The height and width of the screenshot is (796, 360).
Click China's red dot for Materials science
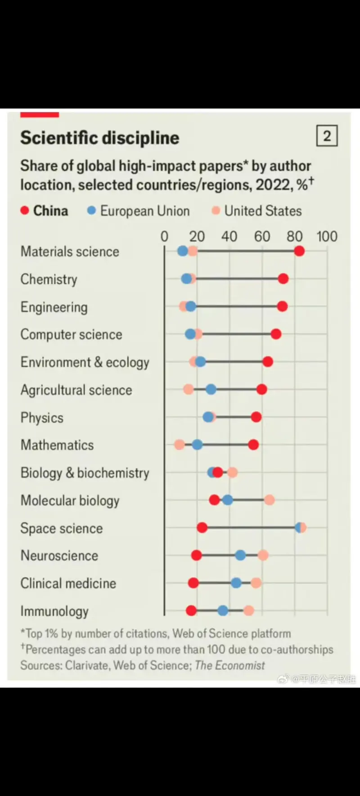coord(299,251)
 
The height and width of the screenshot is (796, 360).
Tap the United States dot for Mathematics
coord(180,445)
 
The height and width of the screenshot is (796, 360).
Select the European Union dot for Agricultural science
coord(211,390)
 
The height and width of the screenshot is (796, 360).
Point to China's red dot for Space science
coord(202,528)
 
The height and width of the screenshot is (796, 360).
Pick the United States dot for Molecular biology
coord(269,500)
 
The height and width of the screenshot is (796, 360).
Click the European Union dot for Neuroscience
coord(240,555)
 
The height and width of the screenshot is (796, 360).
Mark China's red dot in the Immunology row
coord(191,611)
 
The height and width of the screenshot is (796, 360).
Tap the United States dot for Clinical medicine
coord(256,583)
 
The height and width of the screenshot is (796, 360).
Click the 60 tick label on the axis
coord(262,236)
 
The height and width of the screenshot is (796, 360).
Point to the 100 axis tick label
coord(327,236)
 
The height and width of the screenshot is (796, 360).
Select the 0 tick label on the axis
coord(165,236)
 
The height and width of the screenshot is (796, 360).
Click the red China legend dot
coord(25,211)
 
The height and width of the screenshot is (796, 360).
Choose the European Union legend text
coord(144,211)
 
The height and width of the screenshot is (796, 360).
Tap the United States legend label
coord(263,211)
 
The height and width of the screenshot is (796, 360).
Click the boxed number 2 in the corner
coord(327,136)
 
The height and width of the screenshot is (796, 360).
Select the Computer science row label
coord(71,334)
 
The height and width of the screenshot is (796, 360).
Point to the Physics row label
coord(42,418)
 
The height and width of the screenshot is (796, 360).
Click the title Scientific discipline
coord(99,138)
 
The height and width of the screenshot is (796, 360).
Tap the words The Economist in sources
coord(230,665)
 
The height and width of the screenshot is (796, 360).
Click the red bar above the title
coord(40,115)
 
